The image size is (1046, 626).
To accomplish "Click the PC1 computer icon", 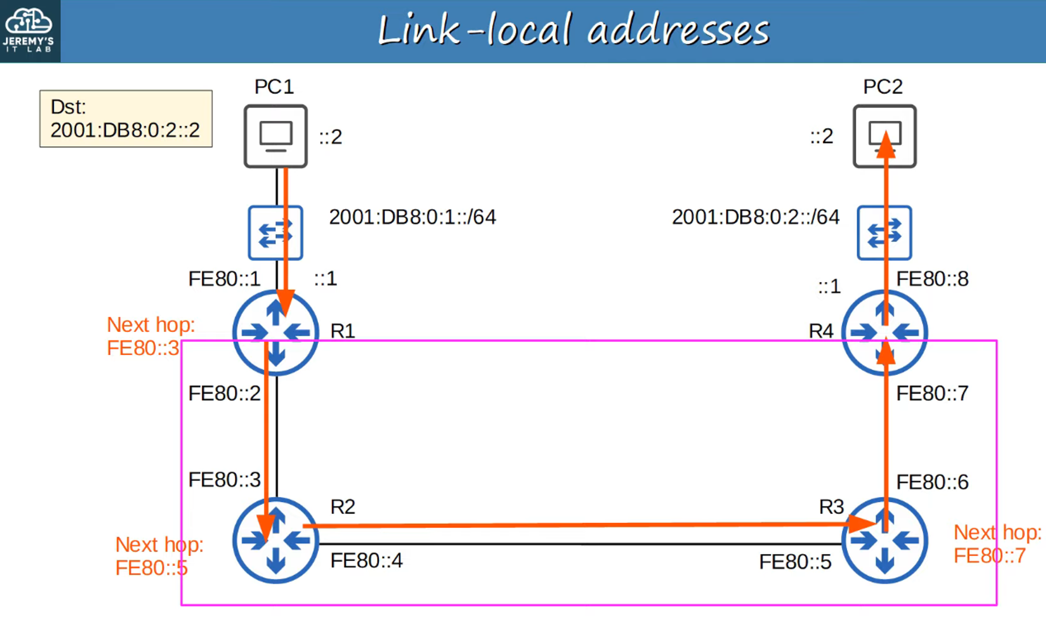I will tap(276, 136).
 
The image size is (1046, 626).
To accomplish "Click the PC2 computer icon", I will tap(884, 136).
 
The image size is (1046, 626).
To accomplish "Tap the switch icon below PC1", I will tap(275, 233).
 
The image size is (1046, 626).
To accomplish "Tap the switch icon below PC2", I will tap(884, 233).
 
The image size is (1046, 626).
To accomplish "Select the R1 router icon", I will tap(276, 333).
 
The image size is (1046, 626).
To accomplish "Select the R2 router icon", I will tap(276, 540).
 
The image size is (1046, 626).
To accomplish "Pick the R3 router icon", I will tap(884, 540).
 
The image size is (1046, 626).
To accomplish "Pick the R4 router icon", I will tap(884, 333).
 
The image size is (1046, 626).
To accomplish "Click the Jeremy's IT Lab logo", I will tap(29, 31).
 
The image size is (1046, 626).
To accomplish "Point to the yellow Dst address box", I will tap(126, 119).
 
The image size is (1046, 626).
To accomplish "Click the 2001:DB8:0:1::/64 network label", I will tap(412, 217).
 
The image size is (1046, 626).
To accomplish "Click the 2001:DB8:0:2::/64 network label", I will tap(755, 217).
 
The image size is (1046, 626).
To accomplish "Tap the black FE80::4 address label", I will tap(366, 561).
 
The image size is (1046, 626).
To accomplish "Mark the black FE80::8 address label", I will tap(932, 279).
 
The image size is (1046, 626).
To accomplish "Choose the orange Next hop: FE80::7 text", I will tap(997, 544).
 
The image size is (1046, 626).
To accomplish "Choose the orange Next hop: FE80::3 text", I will tap(150, 336).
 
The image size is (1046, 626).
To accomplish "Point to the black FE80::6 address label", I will tap(932, 482).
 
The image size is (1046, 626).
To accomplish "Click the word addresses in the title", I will tap(678, 30).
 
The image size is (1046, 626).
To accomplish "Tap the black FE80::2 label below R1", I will tap(224, 393).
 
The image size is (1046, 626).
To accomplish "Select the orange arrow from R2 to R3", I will tap(575, 525).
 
